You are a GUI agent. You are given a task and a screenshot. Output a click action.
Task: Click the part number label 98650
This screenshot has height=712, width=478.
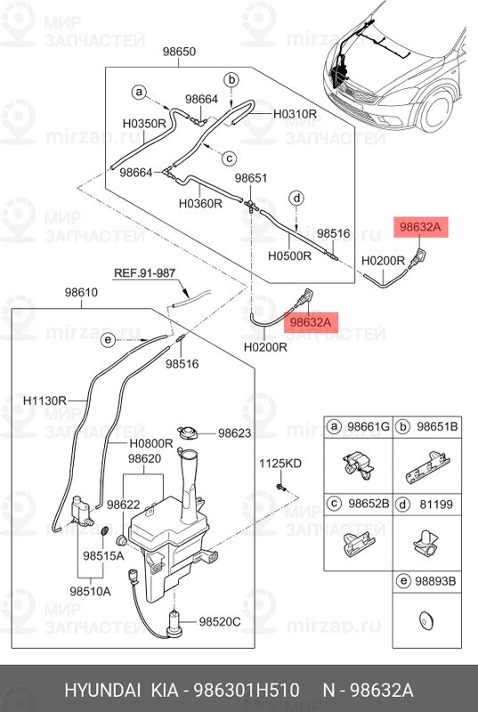pyautogui.click(x=179, y=52)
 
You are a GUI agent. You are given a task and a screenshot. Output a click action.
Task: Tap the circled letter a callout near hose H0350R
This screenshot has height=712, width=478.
pyautogui.click(x=139, y=93)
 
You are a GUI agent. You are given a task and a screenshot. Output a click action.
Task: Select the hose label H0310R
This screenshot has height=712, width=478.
pyautogui.click(x=295, y=114)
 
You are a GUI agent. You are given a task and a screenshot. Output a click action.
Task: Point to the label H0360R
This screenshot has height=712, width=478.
pyautogui.click(x=200, y=204)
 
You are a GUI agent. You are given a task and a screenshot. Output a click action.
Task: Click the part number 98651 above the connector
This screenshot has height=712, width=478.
pyautogui.click(x=251, y=179)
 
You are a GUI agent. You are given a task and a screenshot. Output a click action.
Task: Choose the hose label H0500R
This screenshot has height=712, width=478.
pyautogui.click(x=289, y=255)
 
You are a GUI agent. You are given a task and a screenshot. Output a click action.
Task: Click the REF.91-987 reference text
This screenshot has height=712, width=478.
pyautogui.click(x=144, y=272)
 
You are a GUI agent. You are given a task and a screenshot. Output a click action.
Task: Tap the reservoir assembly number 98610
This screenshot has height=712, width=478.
pyautogui.click(x=81, y=293)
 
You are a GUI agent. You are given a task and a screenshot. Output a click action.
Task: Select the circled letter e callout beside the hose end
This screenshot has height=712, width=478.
pyautogui.click(x=108, y=340)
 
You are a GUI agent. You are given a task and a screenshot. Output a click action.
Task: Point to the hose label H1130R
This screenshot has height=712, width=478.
pyautogui.click(x=45, y=400)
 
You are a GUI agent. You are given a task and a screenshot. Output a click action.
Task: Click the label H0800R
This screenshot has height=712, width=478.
pyautogui.click(x=151, y=443)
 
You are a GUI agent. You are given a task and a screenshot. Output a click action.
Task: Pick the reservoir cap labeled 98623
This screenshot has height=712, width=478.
pyautogui.click(x=187, y=432)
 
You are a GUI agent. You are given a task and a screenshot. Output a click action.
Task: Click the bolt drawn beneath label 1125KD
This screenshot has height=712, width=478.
pyautogui.click(x=280, y=488)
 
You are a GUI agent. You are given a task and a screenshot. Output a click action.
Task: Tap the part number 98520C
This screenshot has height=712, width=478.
pyautogui.click(x=220, y=622)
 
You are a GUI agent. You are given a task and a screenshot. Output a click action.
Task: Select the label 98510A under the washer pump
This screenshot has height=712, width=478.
pyautogui.click(x=90, y=591)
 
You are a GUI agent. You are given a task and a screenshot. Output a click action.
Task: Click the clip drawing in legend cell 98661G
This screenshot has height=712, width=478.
pyautogui.click(x=358, y=465)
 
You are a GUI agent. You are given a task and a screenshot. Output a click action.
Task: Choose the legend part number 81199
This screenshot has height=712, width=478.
pyautogui.click(x=436, y=505)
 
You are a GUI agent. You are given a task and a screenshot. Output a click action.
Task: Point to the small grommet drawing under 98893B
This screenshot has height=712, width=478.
pyautogui.click(x=426, y=619)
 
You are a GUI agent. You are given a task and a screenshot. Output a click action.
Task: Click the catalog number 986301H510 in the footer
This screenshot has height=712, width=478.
pyautogui.click(x=247, y=691)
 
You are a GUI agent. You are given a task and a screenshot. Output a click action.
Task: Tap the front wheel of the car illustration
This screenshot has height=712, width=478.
pyautogui.click(x=436, y=112)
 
